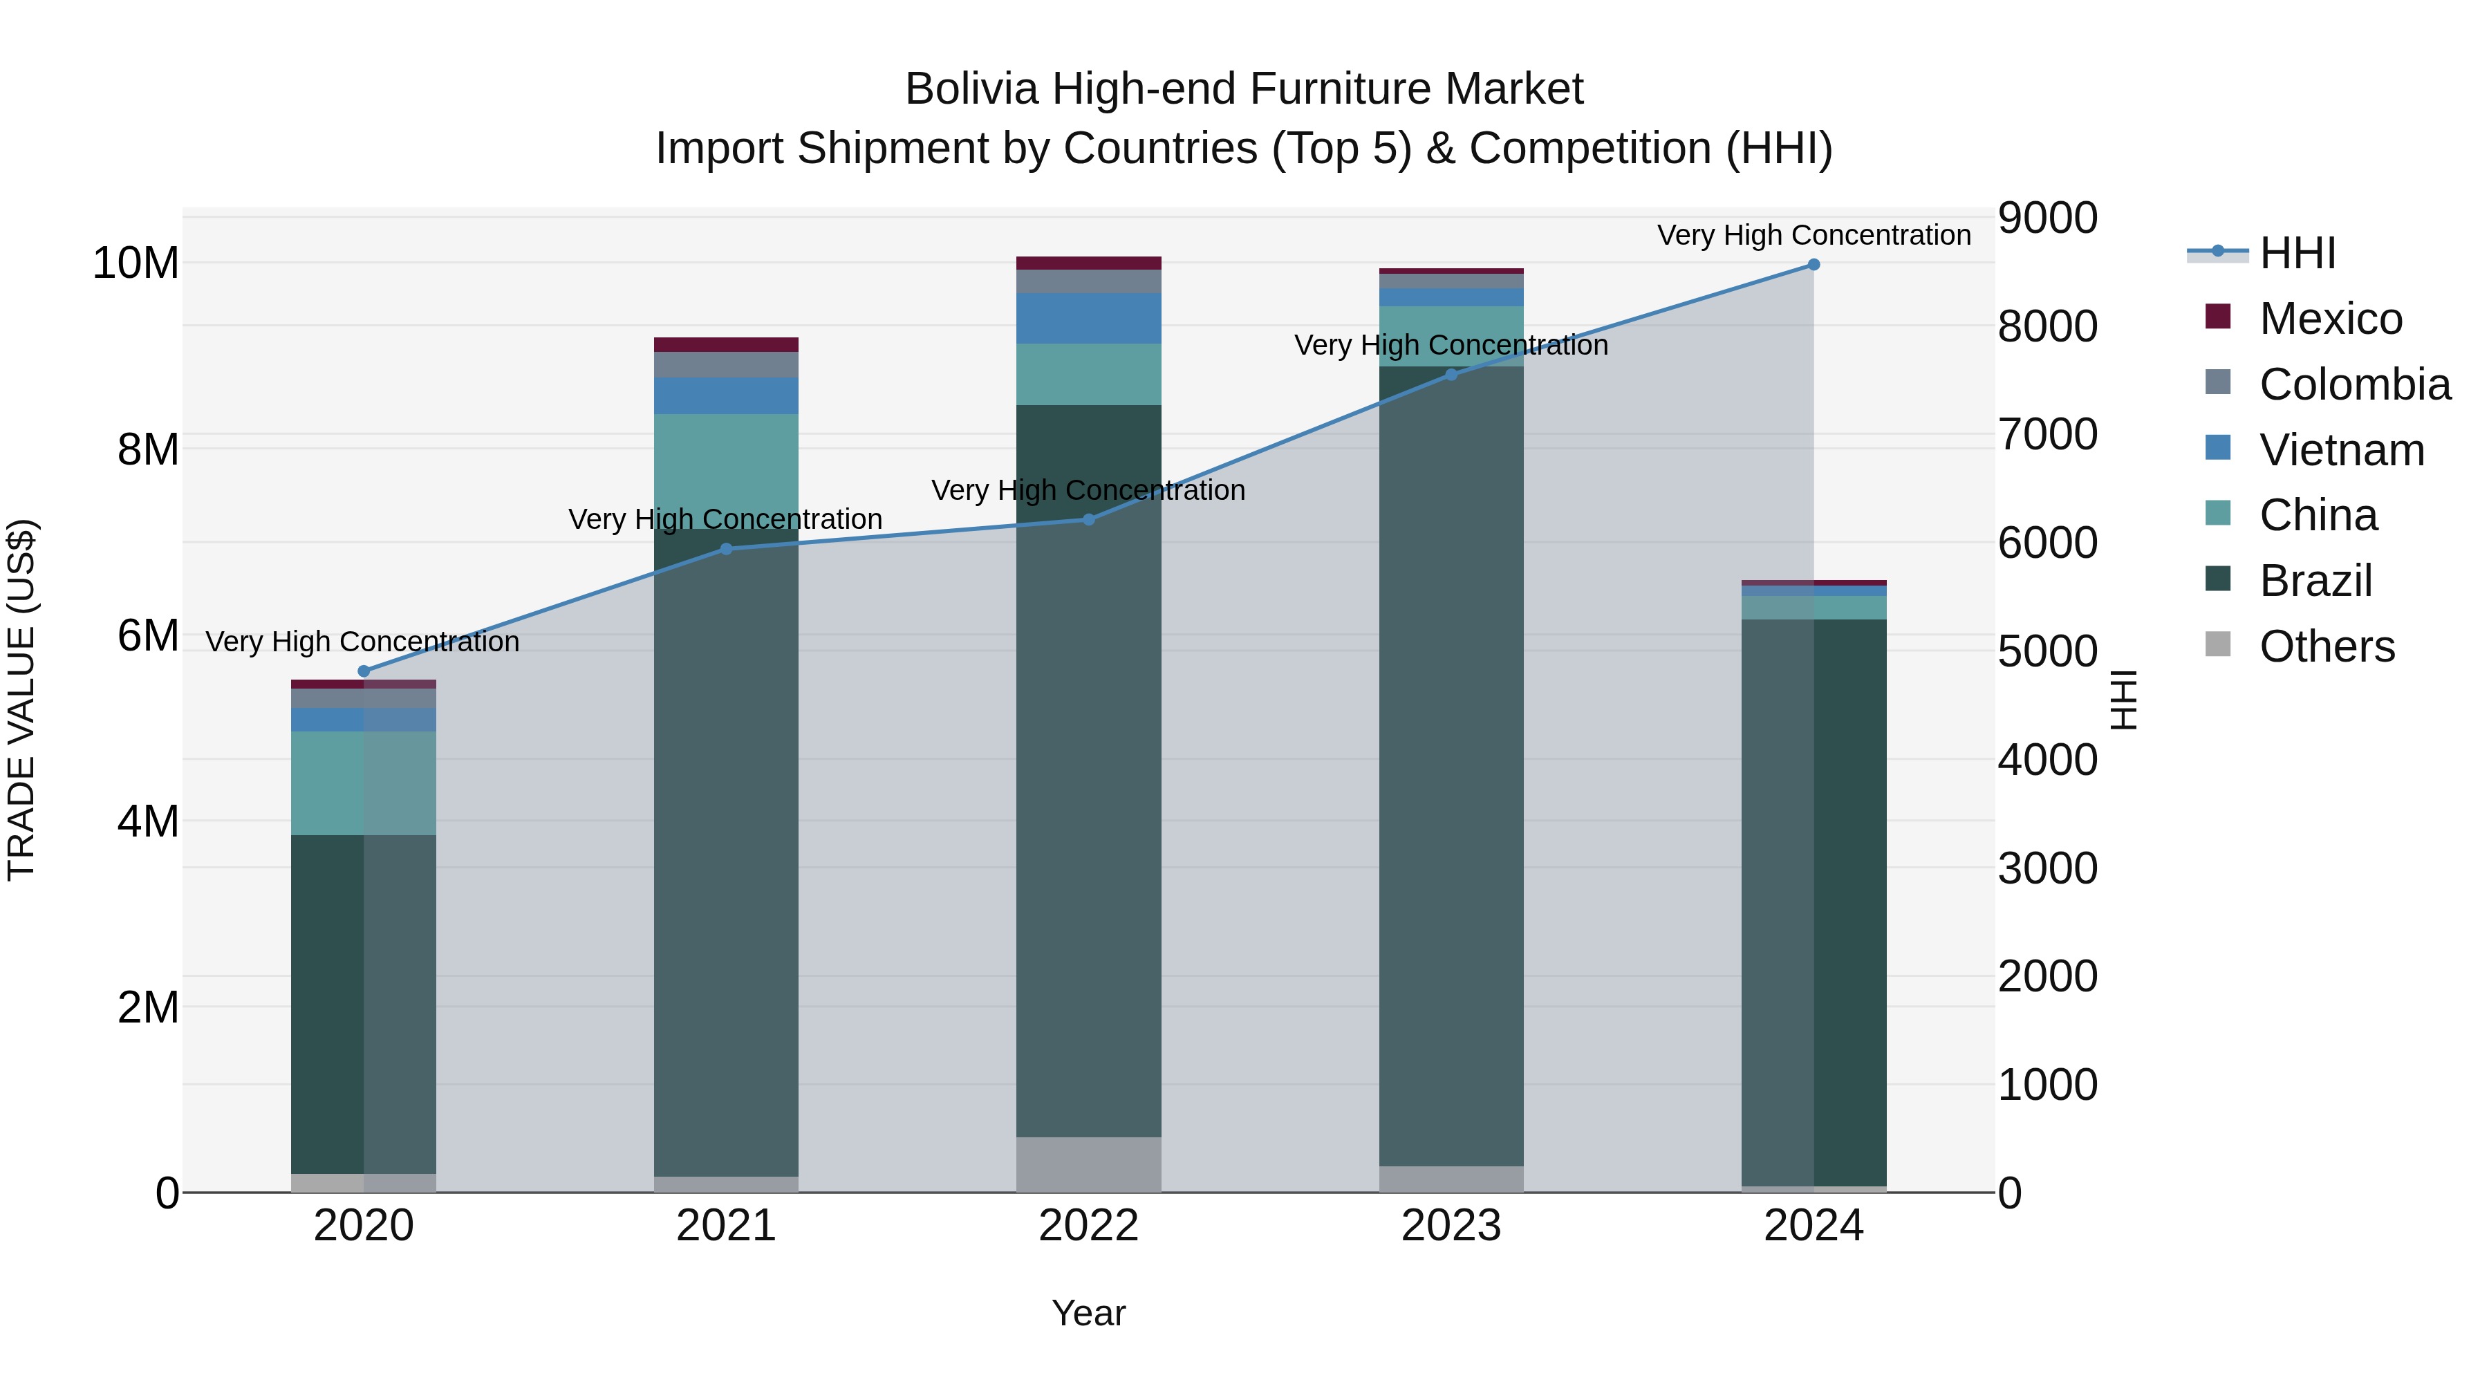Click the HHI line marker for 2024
tap(1814, 265)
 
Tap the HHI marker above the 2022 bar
tap(1089, 520)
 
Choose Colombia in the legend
tap(2353, 384)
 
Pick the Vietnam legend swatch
tap(2219, 448)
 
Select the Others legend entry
tap(2327, 646)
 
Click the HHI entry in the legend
tap(2297, 253)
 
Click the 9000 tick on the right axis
tap(2047, 218)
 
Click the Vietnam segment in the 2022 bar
tap(1089, 319)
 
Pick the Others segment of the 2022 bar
tap(1089, 1164)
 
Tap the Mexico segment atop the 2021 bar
tap(727, 345)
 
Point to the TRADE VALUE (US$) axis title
tap(21, 700)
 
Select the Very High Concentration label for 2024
tap(1814, 236)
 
